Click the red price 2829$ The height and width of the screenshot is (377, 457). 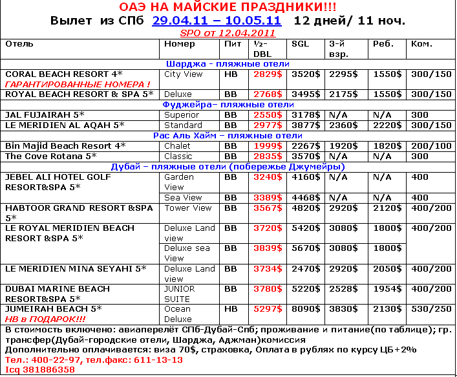(266, 74)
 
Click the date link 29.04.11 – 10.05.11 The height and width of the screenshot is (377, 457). (217, 20)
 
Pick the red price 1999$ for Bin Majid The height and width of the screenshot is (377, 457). (266, 145)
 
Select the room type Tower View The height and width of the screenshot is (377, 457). (188, 208)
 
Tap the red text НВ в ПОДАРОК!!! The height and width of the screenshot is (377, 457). (45, 319)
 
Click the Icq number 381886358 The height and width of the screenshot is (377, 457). (38, 369)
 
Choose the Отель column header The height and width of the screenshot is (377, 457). (19, 44)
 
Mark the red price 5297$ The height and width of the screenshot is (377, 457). (266, 309)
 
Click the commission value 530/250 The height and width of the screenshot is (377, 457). (431, 309)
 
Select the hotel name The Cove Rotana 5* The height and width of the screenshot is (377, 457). (50, 156)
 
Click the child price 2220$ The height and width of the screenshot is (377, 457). (386, 125)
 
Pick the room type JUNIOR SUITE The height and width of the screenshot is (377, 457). (178, 294)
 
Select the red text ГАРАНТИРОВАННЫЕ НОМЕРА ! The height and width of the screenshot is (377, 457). (77, 85)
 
